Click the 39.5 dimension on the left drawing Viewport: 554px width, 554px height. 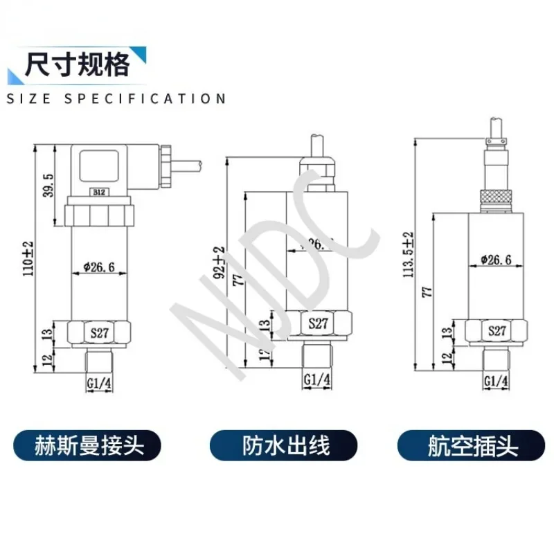pos(48,185)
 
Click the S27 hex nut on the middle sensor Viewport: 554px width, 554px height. pos(318,323)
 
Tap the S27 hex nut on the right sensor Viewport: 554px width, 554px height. pos(497,330)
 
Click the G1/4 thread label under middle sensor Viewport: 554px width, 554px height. pos(318,379)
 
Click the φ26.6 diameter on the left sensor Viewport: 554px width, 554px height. pos(98,267)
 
